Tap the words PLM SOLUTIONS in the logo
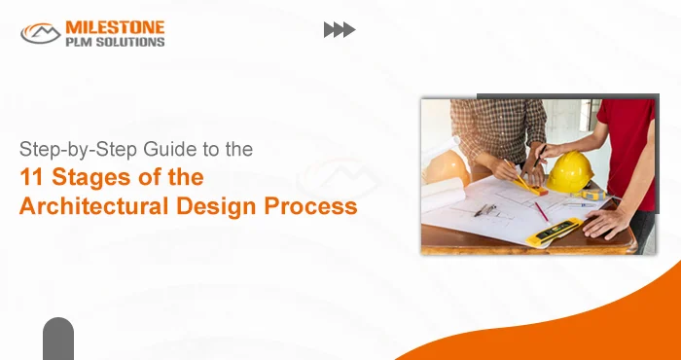click(x=116, y=41)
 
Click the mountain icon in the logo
click(x=41, y=33)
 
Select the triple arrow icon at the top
click(x=339, y=30)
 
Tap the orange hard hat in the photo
click(x=447, y=167)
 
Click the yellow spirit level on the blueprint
click(x=555, y=232)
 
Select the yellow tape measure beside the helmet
click(x=594, y=194)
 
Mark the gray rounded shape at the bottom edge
click(x=58, y=340)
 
